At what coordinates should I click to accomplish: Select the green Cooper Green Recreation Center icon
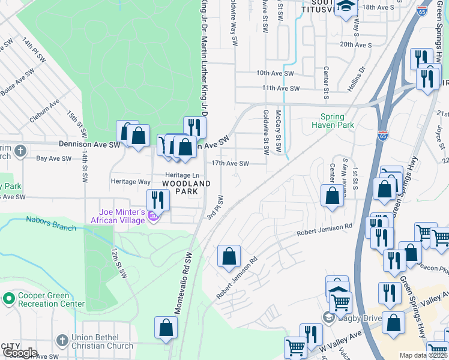click(8, 298)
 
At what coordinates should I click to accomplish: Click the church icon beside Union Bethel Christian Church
click(62, 341)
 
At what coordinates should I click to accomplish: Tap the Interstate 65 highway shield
click(382, 135)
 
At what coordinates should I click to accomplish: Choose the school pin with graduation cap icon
click(346, 8)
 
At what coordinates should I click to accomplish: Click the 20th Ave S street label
click(356, 44)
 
